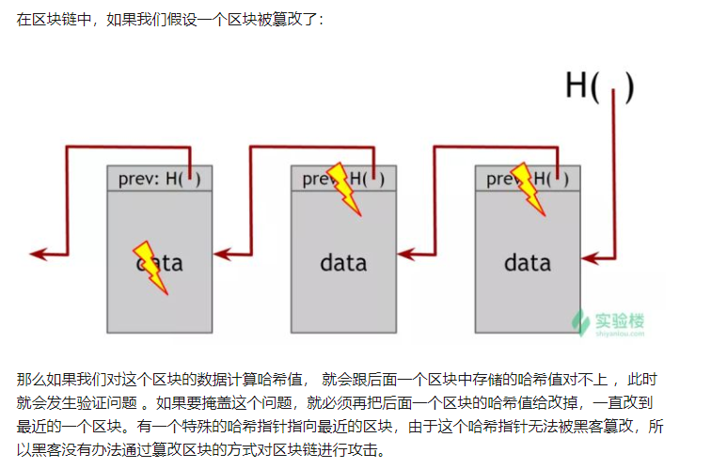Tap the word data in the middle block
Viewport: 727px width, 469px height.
(342, 262)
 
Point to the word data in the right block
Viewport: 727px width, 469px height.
(527, 262)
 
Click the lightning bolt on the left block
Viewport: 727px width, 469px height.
(150, 267)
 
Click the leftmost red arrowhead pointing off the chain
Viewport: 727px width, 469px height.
(38, 253)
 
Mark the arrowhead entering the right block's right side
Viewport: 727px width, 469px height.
(588, 254)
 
